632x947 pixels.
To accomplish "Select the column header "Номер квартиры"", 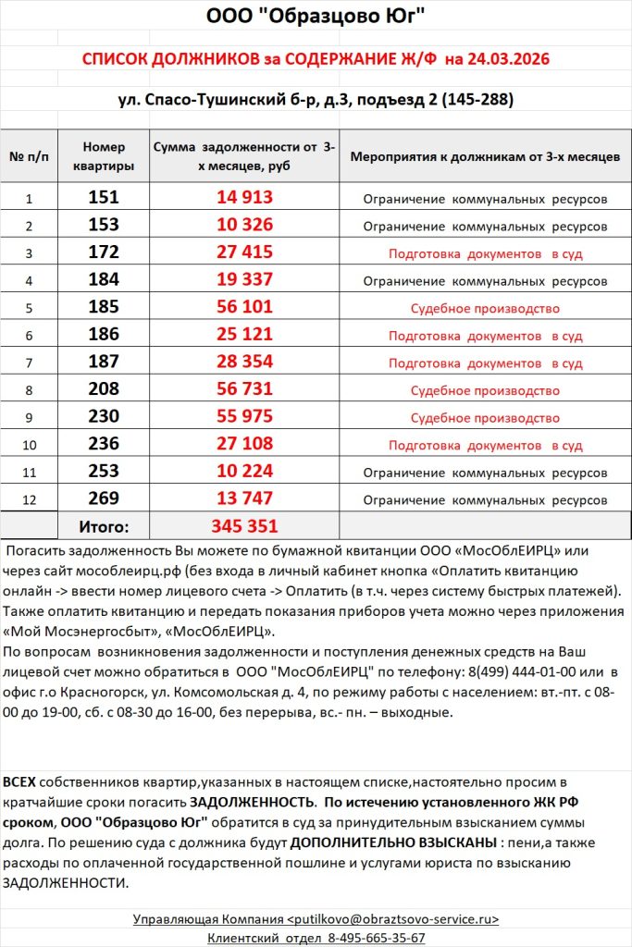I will [x=104, y=156].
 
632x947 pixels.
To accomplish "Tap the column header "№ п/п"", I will [x=29, y=156].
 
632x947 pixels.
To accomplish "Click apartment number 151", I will [x=104, y=198].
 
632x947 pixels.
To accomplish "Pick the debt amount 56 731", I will [x=245, y=390].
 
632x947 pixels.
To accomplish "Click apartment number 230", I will [x=104, y=417].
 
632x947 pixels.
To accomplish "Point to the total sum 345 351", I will [x=245, y=526].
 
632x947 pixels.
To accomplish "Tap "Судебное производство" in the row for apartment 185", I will [x=485, y=309].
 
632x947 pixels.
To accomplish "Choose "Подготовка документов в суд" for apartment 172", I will [x=485, y=253].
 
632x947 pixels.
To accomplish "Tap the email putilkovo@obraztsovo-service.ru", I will [x=393, y=919].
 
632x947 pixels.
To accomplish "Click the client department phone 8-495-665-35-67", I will [x=377, y=938].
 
